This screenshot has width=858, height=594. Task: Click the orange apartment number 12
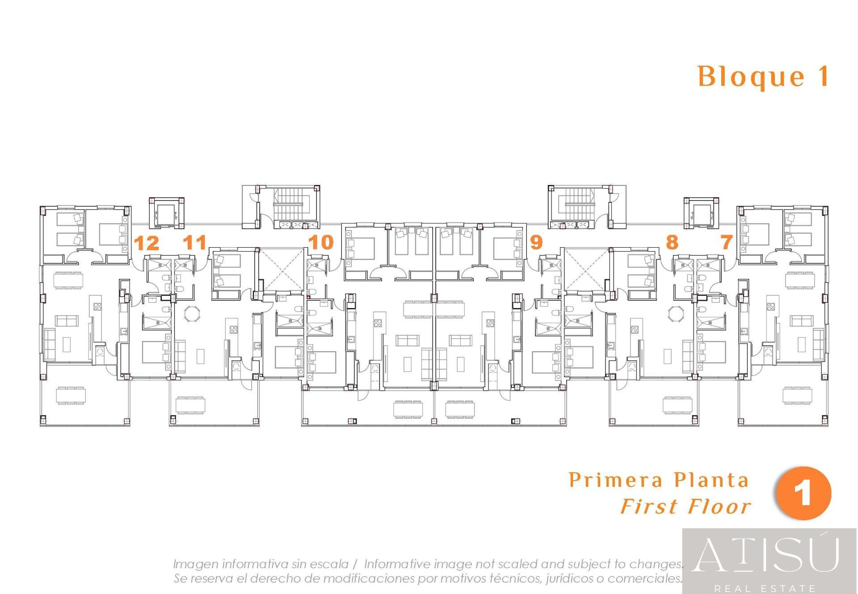tap(147, 243)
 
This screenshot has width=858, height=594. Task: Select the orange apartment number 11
tap(195, 242)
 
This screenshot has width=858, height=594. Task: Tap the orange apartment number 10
tap(321, 242)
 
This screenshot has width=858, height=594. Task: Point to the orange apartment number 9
tap(536, 242)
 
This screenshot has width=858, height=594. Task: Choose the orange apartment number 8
tap(672, 242)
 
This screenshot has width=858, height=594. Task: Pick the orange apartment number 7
tap(727, 242)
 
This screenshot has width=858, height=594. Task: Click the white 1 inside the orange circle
tap(804, 493)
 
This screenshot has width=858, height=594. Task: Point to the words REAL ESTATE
tap(765, 588)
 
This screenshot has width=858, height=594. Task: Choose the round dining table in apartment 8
tap(676, 313)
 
